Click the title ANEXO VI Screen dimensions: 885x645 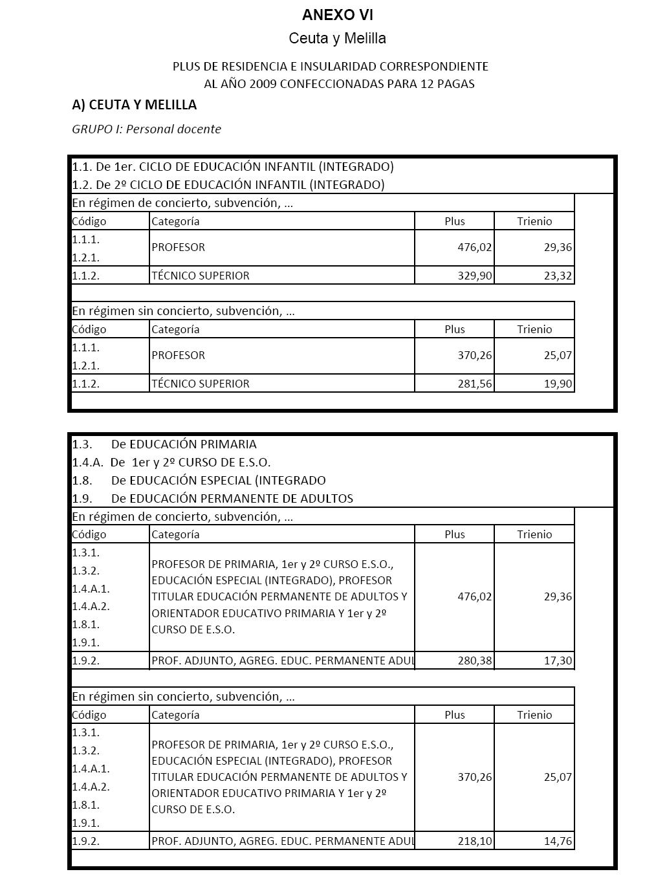tap(337, 15)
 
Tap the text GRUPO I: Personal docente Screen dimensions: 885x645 tap(147, 129)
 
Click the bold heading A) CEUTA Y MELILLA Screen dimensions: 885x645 tap(135, 105)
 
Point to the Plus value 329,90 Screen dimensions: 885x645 tap(475, 276)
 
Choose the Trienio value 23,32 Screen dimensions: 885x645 tap(558, 276)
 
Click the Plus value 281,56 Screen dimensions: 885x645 tap(475, 384)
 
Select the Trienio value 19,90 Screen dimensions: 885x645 tap(558, 384)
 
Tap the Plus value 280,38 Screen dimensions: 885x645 tap(475, 661)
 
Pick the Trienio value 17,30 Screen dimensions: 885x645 tap(558, 661)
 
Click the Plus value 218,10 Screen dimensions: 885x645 tap(475, 841)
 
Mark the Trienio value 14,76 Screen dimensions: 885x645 tap(558, 841)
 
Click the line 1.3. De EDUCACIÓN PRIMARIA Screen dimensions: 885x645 tap(164, 444)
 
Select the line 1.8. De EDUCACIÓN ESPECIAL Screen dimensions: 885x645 tap(199, 481)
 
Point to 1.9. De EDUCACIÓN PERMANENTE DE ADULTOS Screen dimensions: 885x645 tap(213, 499)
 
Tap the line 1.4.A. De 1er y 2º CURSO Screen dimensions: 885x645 tap(171, 463)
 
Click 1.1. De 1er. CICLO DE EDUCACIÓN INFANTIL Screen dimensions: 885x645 tap(233, 167)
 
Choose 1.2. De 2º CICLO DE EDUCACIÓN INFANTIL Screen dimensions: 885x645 tap(228, 185)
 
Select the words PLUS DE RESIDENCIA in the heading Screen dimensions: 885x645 tap(223, 67)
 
